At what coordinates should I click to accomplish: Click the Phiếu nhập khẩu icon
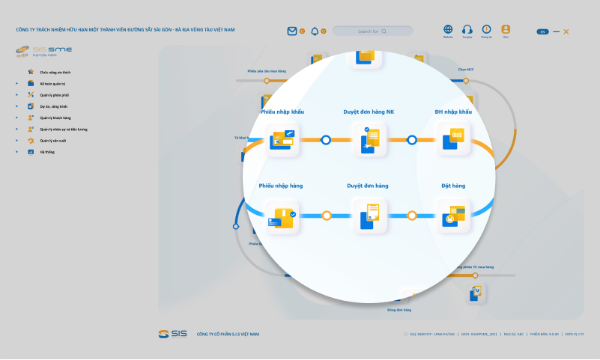282,139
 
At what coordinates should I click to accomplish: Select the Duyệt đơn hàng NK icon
369,139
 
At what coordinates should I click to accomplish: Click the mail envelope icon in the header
292,31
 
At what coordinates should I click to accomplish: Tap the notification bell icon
315,31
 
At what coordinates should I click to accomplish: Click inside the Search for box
372,31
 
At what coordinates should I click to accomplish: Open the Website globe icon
448,29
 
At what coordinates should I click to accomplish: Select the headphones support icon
467,29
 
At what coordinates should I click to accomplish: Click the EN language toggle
542,31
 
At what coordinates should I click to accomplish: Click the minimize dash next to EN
556,31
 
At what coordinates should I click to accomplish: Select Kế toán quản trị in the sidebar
52,84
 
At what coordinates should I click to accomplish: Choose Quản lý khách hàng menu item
55,118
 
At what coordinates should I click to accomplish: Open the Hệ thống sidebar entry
47,152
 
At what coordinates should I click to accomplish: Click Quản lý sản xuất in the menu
53,141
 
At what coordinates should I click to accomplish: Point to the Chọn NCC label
466,70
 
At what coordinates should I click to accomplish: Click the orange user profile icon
506,29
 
